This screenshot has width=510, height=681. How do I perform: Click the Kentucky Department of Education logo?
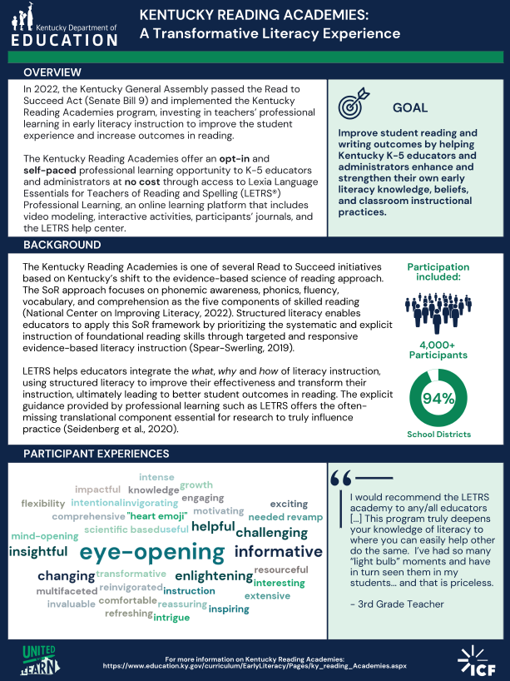click(x=63, y=26)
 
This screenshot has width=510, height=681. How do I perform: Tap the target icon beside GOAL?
click(x=352, y=107)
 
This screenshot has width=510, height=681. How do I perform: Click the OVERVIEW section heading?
click(x=52, y=72)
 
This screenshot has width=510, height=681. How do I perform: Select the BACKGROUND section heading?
click(x=62, y=245)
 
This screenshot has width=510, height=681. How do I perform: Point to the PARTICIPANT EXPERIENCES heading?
click(x=96, y=454)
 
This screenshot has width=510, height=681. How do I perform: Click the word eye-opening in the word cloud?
click(x=152, y=553)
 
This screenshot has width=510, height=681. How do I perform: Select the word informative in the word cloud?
click(x=278, y=551)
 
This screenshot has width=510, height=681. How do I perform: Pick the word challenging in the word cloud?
click(x=271, y=532)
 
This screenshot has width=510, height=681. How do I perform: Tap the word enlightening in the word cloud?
click(x=214, y=575)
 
